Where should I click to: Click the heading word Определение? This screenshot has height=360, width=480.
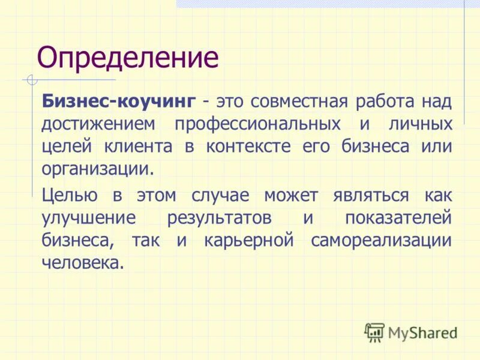click(128, 58)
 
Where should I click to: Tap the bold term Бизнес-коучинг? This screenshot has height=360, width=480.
click(118, 101)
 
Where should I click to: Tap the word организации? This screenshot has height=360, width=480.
click(98, 169)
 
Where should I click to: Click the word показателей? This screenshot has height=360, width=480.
click(398, 218)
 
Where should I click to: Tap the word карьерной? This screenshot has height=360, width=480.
click(248, 240)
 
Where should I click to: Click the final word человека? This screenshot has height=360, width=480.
click(82, 262)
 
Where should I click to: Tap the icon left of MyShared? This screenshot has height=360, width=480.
click(374, 331)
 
